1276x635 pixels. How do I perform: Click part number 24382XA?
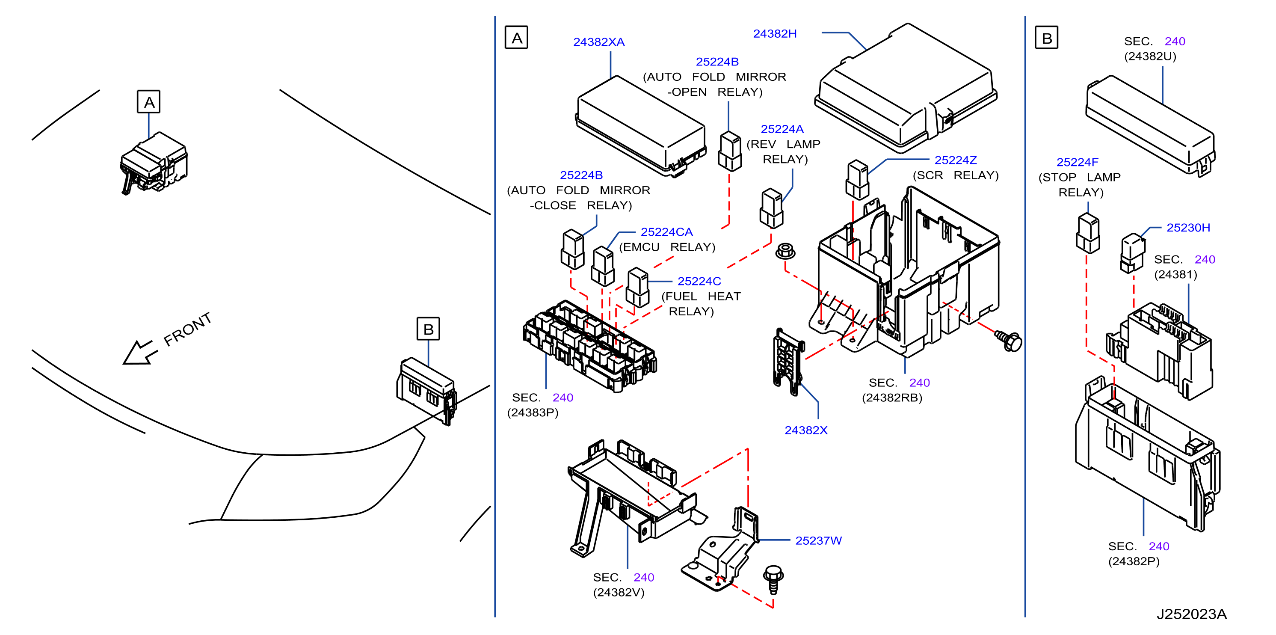(598, 42)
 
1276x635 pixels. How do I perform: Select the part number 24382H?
(775, 34)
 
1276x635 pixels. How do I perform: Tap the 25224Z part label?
(955, 160)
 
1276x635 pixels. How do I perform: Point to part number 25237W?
(818, 541)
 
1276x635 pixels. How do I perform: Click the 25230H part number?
(1188, 228)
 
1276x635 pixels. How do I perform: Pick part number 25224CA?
(666, 232)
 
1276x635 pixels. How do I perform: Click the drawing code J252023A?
(1191, 614)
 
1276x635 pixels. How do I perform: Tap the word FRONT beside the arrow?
(188, 329)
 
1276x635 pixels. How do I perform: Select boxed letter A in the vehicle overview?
(148, 101)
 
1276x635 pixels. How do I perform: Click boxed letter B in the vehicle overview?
(428, 329)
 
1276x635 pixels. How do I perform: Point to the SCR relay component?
(857, 179)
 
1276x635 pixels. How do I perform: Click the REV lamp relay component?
(771, 208)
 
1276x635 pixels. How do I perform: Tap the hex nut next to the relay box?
(785, 251)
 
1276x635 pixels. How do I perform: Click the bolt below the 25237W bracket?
(773, 579)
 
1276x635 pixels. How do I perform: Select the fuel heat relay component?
(637, 288)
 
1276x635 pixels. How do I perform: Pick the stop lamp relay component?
(1088, 233)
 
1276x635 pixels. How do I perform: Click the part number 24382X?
(806, 430)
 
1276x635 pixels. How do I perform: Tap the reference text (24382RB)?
(892, 398)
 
